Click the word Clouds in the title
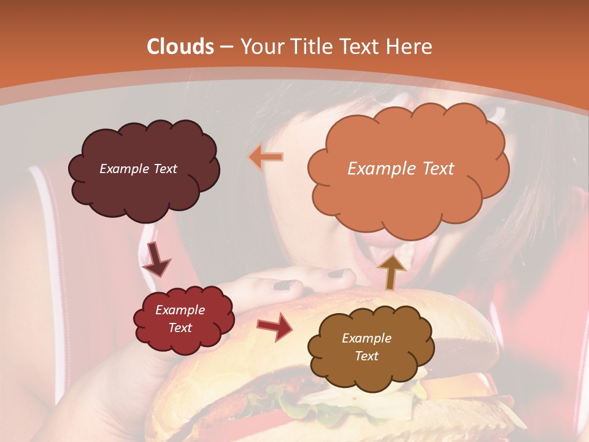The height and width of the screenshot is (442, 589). click(x=180, y=47)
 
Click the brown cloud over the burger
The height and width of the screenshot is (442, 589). click(x=371, y=368)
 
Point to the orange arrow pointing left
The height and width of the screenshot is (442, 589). click(x=266, y=157)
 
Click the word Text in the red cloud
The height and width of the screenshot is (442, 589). click(x=180, y=328)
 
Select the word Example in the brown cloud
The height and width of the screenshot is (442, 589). click(x=366, y=338)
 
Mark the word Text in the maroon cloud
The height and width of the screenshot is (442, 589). click(x=163, y=169)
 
